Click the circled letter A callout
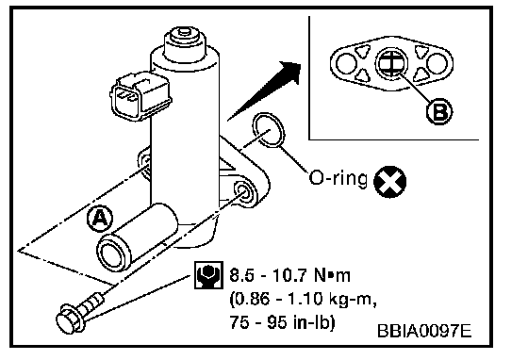pos(100,219)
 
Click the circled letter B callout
pos(439,111)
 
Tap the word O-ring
pos(338,178)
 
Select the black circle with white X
pos(390,182)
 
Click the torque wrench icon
pos(208,275)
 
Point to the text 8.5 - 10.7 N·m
pos(290,275)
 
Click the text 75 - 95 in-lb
pos(282,322)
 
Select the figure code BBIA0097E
pos(424,331)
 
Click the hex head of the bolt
pos(68,319)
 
